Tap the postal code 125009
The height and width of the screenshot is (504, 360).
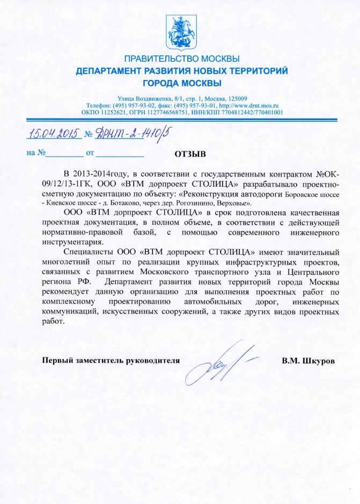coord(236,98)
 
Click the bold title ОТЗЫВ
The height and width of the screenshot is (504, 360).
coord(190,155)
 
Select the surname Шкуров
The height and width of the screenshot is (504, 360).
coord(320,360)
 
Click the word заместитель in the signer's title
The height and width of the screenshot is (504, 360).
coord(95,360)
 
